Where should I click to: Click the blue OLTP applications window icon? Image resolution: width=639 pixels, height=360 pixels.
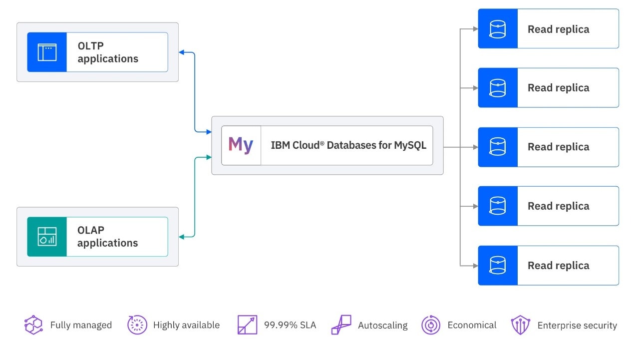[47, 52]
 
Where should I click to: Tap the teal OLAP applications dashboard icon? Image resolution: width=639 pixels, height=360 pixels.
[47, 237]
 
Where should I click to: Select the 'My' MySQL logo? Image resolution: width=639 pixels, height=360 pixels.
[241, 145]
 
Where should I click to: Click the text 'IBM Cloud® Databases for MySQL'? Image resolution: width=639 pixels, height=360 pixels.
[348, 146]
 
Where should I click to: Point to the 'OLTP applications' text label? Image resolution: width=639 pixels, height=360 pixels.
[108, 52]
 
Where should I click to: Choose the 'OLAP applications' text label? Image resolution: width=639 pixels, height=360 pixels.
[108, 237]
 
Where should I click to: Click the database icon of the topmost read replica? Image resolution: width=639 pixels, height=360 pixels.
[497, 29]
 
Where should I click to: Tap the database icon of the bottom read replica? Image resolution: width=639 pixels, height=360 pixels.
[497, 266]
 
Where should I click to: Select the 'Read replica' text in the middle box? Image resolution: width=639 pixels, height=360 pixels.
[558, 147]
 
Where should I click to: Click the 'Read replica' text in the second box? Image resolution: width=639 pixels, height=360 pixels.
[558, 88]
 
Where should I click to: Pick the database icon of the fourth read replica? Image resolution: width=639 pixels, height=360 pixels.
[497, 206]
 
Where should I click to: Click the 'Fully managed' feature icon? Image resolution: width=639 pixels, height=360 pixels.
[33, 325]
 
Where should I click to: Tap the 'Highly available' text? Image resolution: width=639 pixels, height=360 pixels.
[186, 325]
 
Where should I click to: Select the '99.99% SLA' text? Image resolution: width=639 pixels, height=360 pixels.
[290, 326]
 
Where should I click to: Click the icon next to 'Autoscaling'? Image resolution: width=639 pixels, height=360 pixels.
[341, 325]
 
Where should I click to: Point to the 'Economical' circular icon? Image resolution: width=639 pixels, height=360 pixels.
[430, 325]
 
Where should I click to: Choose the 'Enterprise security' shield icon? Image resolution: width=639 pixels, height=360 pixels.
[520, 325]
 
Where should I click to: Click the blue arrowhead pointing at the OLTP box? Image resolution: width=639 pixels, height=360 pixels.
[182, 52]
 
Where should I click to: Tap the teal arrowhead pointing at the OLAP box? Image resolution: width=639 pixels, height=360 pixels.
[182, 237]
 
